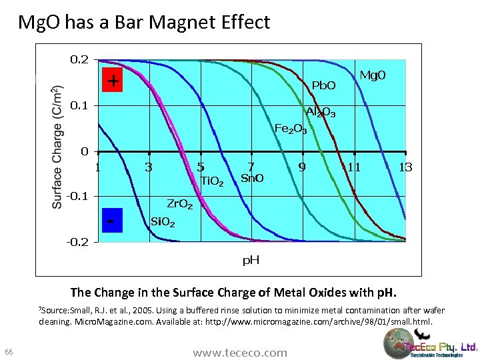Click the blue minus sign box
click(112, 220)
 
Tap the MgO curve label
click(373, 75)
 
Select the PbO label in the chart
click(324, 85)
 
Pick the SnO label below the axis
click(252, 178)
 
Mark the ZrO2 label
click(179, 203)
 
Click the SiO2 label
click(163, 221)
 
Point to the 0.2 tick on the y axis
click(79, 59)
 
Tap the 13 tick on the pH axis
click(405, 167)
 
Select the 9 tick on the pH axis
click(302, 167)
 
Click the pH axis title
click(251, 260)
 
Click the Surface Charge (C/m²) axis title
click(58, 147)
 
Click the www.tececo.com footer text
click(240, 353)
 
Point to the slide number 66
click(9, 352)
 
